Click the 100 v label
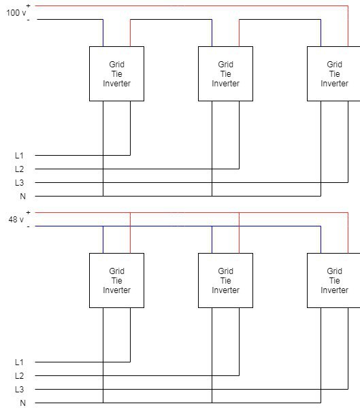16,12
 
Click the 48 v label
16,220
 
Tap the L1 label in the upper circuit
19,155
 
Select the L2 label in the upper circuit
19,169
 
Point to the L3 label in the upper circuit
19,183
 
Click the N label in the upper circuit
22,197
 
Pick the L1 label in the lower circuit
19,362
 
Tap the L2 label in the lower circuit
19,376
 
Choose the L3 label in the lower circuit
19,389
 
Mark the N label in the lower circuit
22,403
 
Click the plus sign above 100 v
28,5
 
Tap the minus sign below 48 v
28,226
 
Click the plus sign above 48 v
28,213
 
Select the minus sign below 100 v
28,20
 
